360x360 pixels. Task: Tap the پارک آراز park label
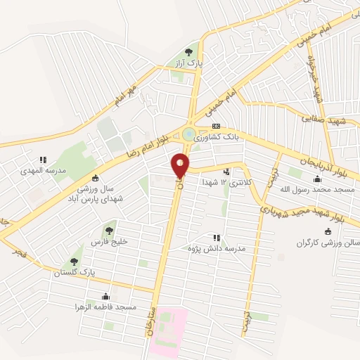[x=189, y=63]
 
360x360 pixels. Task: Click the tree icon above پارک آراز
[x=188, y=52]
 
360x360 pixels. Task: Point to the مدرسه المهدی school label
[x=41, y=171]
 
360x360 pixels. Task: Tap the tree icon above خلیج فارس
[x=108, y=229]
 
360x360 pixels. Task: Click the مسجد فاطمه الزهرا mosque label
[x=103, y=308]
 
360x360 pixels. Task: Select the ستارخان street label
[x=153, y=323]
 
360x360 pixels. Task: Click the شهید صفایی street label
[x=319, y=119]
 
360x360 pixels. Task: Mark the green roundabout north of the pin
[x=188, y=133]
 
